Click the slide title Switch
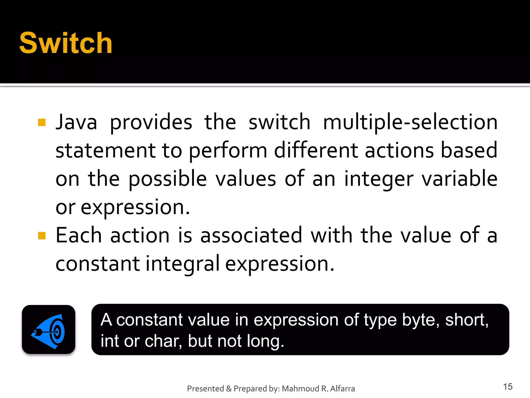coord(66,43)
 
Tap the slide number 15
coord(508,387)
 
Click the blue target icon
coord(49,330)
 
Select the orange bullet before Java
coord(42,122)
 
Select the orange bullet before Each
coord(42,236)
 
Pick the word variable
coord(460,179)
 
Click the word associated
coord(251,235)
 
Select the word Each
coord(79,235)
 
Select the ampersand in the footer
coord(229,389)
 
